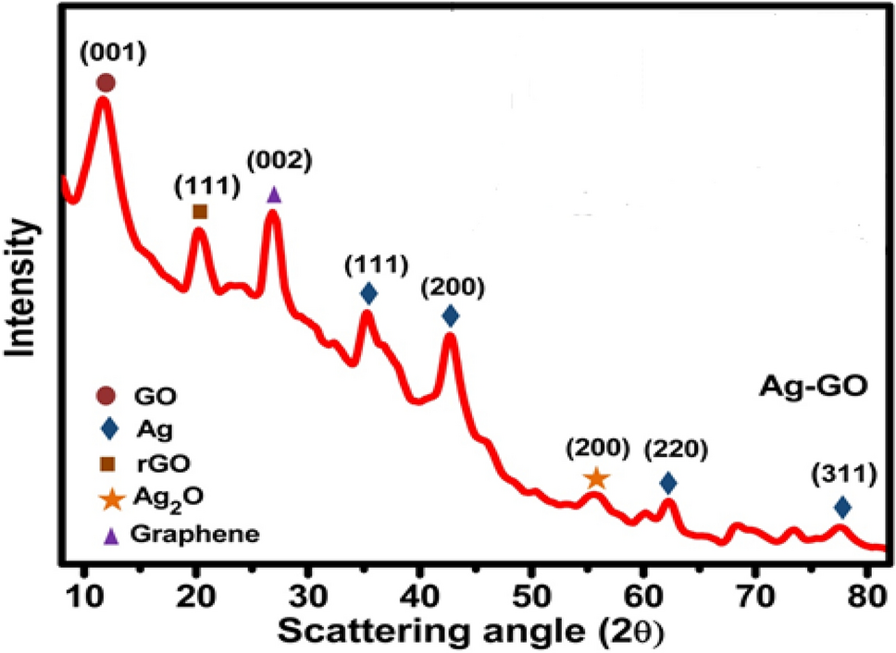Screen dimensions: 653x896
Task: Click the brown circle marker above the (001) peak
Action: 106,83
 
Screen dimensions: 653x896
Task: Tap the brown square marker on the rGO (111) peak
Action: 199,212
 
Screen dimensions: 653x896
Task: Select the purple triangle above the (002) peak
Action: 273,194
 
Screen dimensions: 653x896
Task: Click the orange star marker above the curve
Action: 597,478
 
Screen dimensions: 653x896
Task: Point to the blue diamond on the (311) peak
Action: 841,507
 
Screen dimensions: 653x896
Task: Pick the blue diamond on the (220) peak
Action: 668,483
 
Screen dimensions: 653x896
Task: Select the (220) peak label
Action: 678,450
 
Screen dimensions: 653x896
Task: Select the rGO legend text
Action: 157,462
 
